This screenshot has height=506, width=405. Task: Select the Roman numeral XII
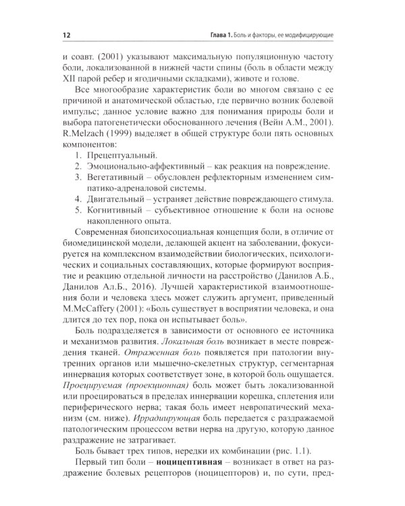pos(67,79)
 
